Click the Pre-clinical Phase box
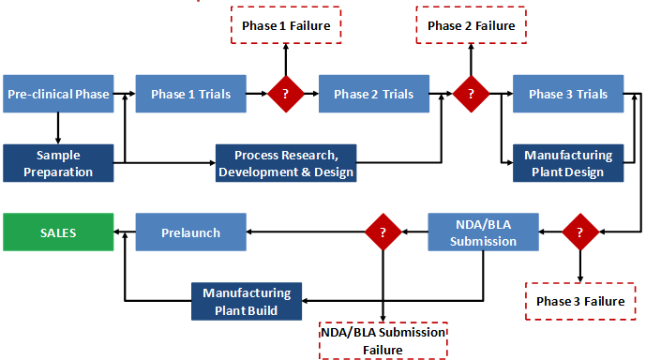click(58, 94)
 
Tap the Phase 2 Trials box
click(373, 94)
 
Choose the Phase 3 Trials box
click(567, 94)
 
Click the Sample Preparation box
click(58, 163)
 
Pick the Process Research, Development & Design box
click(286, 163)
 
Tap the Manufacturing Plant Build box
click(247, 301)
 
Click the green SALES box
click(58, 232)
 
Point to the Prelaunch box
click(191, 232)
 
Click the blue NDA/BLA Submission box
click(484, 232)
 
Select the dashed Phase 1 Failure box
click(285, 25)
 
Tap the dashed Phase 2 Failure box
click(471, 25)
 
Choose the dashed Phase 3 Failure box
click(580, 301)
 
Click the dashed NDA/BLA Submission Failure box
click(382, 341)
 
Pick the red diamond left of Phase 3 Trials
click(471, 94)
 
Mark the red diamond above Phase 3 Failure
click(580, 232)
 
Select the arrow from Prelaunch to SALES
click(125, 232)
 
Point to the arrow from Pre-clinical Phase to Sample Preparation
click(58, 127)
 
